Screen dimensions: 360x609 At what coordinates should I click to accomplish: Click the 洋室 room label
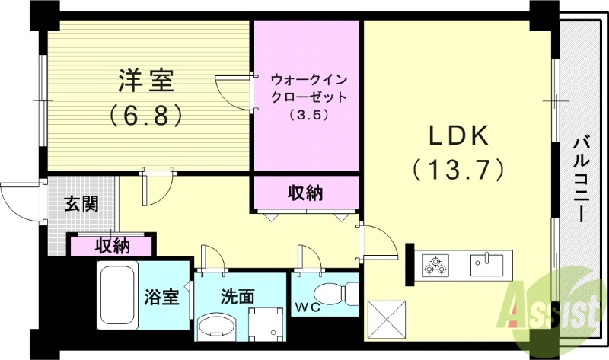[x=145, y=80]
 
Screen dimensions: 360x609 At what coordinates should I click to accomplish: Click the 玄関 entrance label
[x=80, y=204]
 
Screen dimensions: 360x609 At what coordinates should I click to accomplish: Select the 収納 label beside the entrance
[x=112, y=246]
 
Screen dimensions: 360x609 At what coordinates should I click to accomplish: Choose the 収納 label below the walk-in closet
[x=305, y=193]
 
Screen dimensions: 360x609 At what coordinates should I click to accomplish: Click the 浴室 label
[x=161, y=297]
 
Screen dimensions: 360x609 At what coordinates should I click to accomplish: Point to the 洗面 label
[x=238, y=297]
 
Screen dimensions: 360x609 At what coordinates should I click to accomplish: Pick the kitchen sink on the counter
[x=486, y=265]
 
